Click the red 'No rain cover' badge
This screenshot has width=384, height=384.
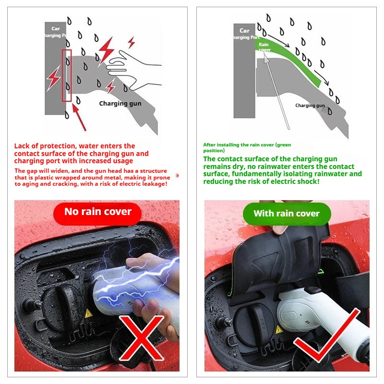point(98,212)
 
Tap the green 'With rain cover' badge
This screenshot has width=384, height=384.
point(287,214)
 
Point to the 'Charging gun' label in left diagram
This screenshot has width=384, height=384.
point(120,103)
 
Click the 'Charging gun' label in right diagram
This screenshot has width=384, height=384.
point(310,106)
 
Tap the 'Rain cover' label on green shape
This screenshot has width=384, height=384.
point(264,47)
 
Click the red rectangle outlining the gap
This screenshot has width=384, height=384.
point(67,75)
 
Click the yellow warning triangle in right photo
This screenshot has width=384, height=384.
point(278,330)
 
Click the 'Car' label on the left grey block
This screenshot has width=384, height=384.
point(56,28)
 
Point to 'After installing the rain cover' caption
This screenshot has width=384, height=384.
point(247,144)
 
